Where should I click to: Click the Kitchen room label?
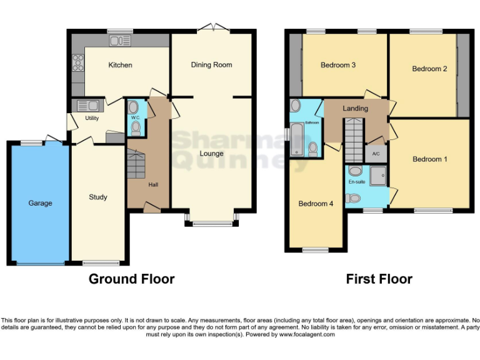(120, 65)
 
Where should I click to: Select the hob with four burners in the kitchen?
(79, 62)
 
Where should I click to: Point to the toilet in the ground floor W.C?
(136, 127)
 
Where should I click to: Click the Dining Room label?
(211, 65)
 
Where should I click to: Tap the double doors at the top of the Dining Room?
(212, 27)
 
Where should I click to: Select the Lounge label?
(211, 154)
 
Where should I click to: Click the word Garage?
(40, 203)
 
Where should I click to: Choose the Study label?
(98, 197)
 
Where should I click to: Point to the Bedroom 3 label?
(338, 65)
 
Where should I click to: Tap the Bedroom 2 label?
(429, 69)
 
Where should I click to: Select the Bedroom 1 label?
(429, 159)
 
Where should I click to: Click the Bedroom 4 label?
(316, 204)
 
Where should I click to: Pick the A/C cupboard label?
(376, 154)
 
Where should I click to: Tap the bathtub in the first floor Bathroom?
(297, 139)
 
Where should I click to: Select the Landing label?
(355, 108)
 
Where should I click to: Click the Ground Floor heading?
(131, 279)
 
